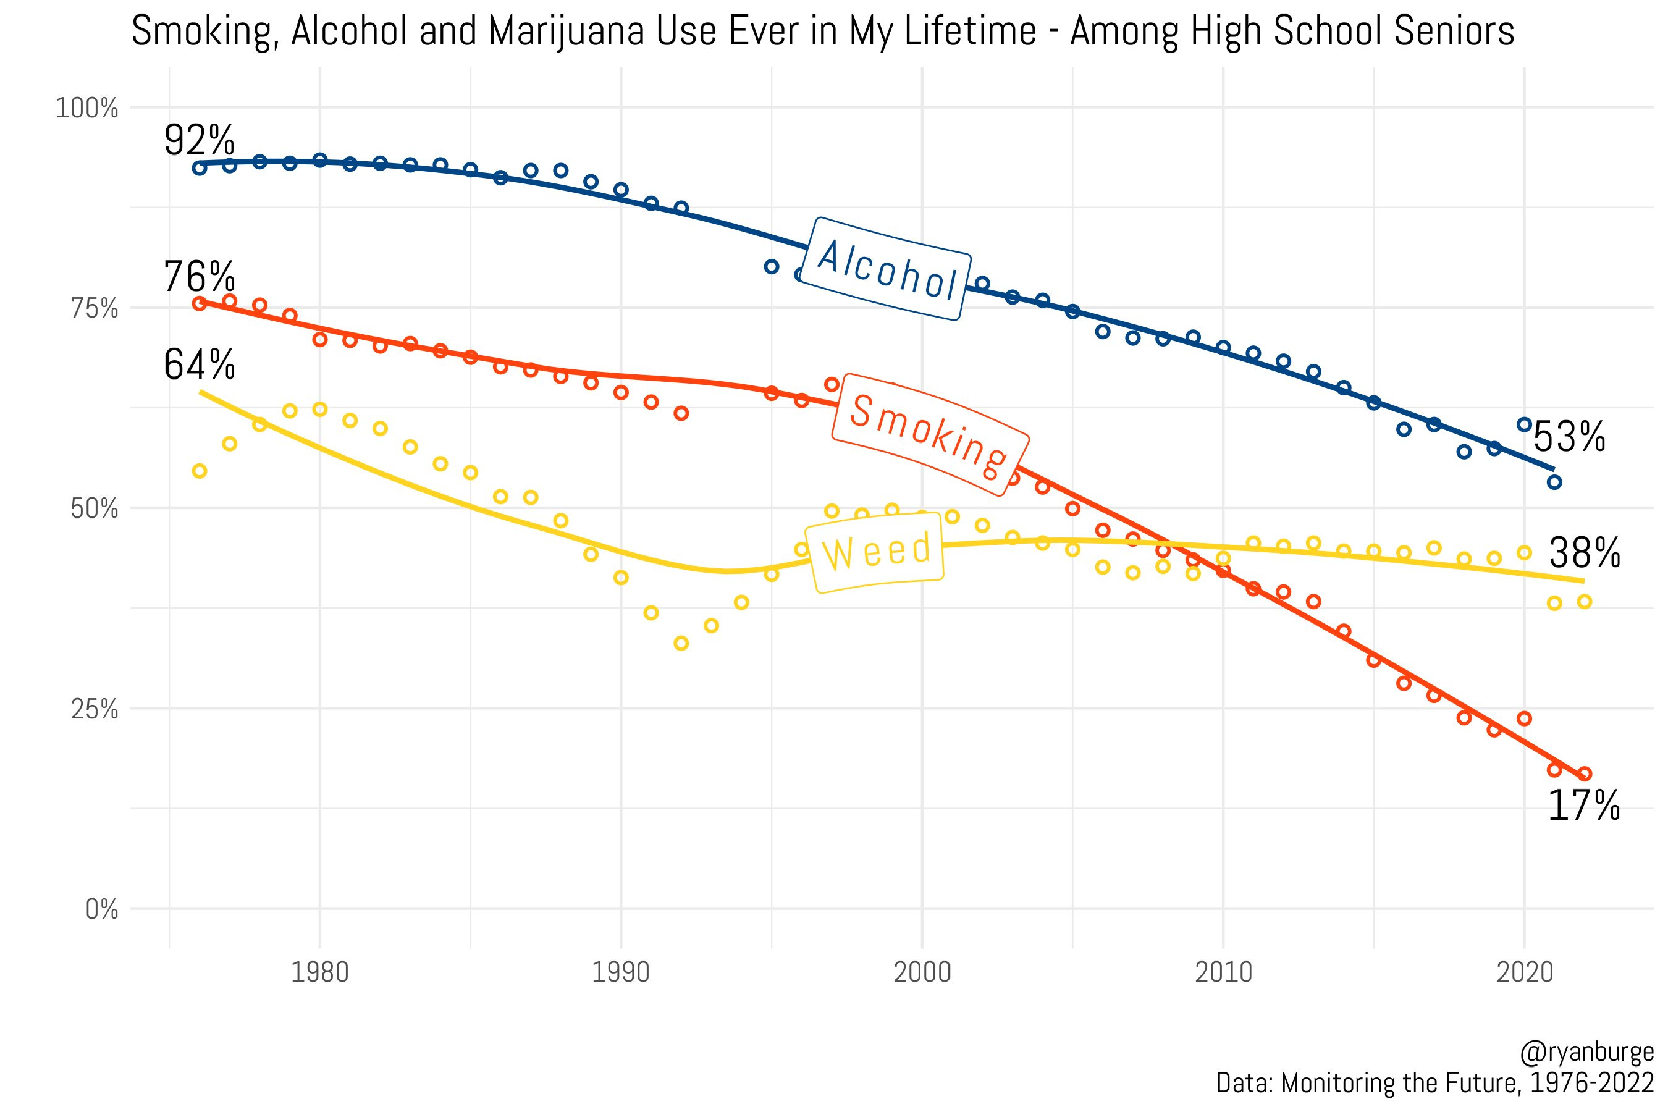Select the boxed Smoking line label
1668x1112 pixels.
929,434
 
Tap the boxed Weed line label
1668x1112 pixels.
877,552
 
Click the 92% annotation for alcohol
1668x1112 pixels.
200,141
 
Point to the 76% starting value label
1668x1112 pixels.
200,277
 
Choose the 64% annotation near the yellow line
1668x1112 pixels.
200,365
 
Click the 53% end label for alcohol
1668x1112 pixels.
1569,437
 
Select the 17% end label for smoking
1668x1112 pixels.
1583,806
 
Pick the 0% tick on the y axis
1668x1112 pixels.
101,910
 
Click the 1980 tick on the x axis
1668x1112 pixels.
320,972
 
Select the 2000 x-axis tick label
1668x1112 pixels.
922,972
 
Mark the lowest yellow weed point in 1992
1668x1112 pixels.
681,643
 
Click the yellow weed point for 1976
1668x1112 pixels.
200,471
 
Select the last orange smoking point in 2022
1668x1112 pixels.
1585,773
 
